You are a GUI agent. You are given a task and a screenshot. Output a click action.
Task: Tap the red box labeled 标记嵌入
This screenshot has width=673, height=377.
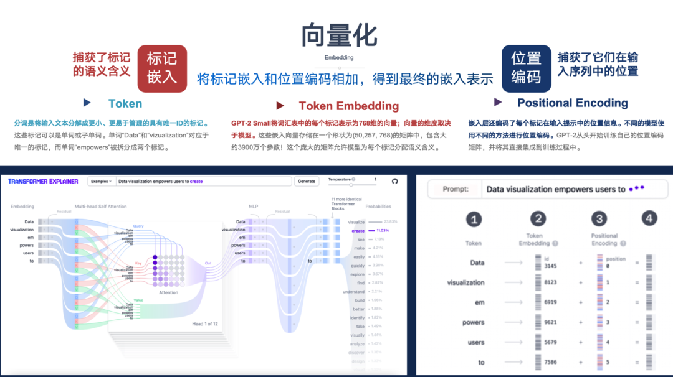(x=162, y=68)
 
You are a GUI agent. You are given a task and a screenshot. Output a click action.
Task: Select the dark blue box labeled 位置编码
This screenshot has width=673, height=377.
(x=526, y=68)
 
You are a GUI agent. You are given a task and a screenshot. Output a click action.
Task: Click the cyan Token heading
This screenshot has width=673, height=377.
(x=125, y=104)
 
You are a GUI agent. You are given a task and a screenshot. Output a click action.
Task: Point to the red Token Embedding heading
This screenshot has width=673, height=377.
(x=348, y=106)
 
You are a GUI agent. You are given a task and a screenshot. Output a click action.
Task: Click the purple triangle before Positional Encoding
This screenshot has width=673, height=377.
(x=498, y=102)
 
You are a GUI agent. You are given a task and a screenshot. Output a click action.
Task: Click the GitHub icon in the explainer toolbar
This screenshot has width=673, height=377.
(x=394, y=181)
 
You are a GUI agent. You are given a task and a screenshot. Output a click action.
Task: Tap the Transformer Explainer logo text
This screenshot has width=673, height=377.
(x=43, y=181)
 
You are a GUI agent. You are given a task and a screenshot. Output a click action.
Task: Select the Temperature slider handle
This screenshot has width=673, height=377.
(x=352, y=184)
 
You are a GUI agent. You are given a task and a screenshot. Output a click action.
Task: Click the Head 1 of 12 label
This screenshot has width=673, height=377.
(x=205, y=324)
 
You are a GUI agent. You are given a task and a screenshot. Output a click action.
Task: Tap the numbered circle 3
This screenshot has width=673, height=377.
(x=599, y=218)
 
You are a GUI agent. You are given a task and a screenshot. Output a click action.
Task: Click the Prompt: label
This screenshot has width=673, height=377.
(x=455, y=189)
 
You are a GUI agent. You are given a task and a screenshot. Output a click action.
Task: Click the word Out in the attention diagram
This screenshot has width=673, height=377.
(x=208, y=263)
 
